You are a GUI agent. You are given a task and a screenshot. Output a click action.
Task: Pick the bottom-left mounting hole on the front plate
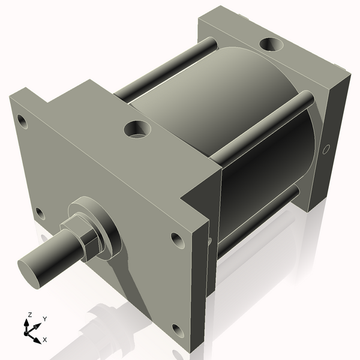(x=39, y=213)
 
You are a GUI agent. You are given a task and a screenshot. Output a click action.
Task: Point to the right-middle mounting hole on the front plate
(x=177, y=239)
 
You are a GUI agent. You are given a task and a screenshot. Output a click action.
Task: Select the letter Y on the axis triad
(x=45, y=319)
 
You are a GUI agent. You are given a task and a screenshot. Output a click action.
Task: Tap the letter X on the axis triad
(x=45, y=340)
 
